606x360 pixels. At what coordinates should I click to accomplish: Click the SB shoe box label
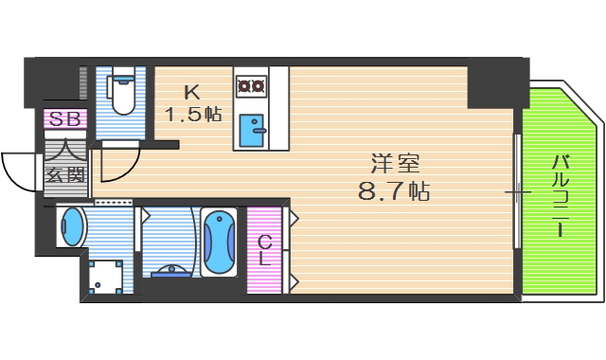tap(65, 119)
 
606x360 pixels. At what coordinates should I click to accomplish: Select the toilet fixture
tap(120, 93)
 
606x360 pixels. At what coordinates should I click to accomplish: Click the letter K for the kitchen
tap(192, 92)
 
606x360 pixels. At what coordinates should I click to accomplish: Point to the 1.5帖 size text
tap(193, 115)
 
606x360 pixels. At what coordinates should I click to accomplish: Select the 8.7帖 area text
tap(392, 191)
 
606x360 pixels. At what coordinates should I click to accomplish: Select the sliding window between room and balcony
tap(517, 192)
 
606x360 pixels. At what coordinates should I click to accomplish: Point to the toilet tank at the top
tap(120, 75)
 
